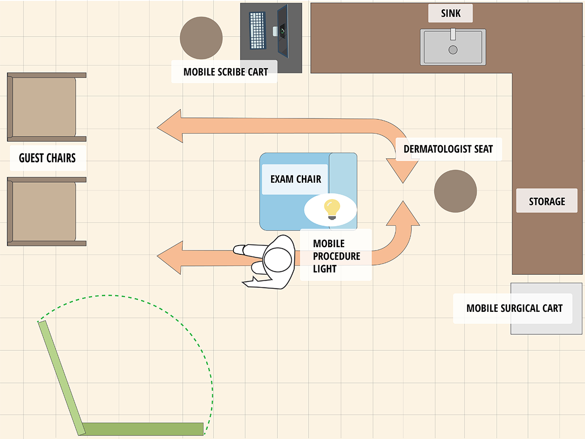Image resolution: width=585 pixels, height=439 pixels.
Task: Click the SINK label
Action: click(450, 13)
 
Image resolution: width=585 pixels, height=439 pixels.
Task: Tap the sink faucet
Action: click(453, 34)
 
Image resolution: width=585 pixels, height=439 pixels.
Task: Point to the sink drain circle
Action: click(453, 49)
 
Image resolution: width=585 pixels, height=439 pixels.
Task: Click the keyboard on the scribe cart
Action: click(258, 30)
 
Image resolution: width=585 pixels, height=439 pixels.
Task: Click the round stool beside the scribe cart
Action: click(201, 38)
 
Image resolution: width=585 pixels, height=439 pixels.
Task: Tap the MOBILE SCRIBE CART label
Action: click(225, 72)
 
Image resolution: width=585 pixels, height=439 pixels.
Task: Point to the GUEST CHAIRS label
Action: click(47, 158)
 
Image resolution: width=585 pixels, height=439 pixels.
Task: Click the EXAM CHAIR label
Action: click(295, 179)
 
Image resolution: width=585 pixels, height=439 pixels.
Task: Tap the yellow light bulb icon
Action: click(332, 209)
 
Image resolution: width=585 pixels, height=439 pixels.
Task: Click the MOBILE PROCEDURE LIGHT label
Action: click(336, 255)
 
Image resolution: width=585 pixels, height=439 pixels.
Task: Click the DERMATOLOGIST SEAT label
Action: click(448, 149)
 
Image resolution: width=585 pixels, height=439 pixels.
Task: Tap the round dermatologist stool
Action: click(455, 191)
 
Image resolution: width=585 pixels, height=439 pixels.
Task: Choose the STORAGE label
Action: click(547, 201)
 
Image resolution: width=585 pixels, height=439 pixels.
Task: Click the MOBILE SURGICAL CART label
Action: click(514, 308)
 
